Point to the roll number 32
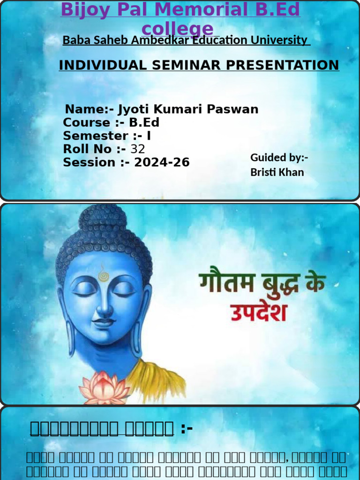click(137, 150)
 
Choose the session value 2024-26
click(162, 163)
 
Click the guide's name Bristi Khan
click(277, 172)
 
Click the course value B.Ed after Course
click(144, 123)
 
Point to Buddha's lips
click(104, 322)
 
